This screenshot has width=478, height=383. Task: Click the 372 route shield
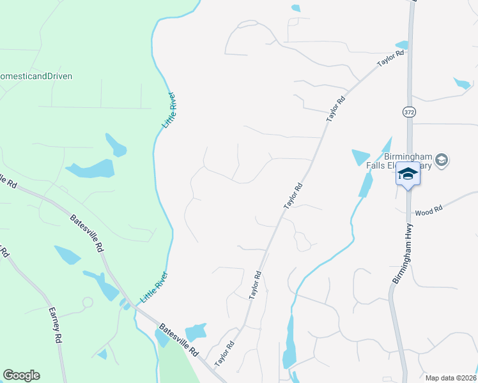pos(409,112)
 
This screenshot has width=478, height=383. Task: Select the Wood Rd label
pos(429,210)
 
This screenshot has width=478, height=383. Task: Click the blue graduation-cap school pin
pos(408,174)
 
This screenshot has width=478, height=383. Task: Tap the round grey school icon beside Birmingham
pos(441,160)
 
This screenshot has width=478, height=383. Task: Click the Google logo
pos(21,375)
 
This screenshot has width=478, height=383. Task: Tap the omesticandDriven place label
pos(36,76)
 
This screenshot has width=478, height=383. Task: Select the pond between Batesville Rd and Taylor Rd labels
pos(196,332)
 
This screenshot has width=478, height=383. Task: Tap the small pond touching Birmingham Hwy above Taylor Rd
pos(402,45)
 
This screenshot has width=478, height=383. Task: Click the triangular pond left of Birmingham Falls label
pos(360,156)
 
